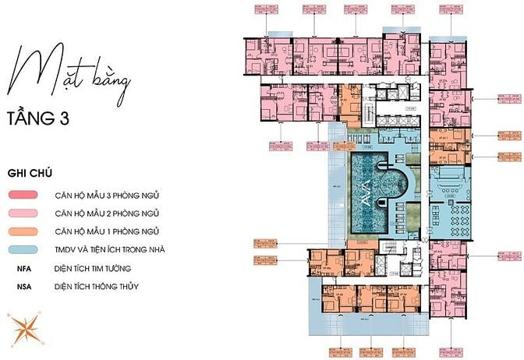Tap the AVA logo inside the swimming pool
point(366,188)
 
